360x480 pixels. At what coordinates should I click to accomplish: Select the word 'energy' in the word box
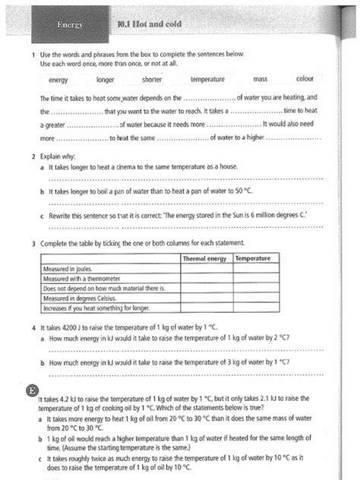point(58,79)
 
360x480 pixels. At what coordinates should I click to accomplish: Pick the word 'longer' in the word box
point(106,79)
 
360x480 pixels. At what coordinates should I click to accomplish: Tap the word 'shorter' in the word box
point(153,79)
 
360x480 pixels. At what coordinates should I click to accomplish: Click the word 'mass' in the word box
point(261,79)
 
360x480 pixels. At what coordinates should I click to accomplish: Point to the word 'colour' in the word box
point(305,79)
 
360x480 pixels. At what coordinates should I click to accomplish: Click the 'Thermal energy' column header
point(206,259)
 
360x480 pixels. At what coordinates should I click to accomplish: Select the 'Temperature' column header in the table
point(253,259)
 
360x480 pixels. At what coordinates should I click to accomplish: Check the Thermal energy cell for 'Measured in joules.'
point(206,269)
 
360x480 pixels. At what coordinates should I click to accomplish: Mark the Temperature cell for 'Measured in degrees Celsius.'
point(253,299)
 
